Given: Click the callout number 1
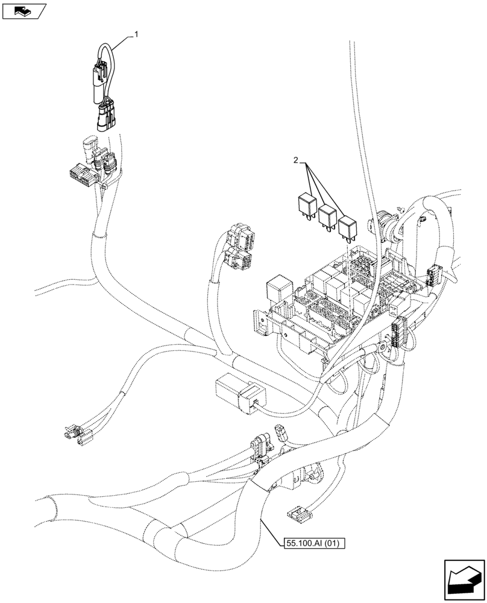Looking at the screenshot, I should pos(136,35).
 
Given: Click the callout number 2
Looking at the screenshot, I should pos(295,160).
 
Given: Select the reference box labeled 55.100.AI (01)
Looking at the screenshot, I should pos(312,543).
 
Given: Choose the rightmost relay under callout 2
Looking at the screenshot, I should pos(348,228).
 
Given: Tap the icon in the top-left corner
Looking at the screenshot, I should pos(24,10).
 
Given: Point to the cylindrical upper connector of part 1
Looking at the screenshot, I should pos(99,84).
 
